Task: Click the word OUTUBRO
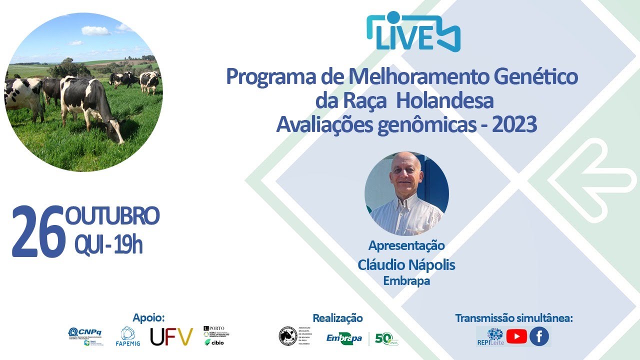(112, 216)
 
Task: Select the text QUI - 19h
(108, 245)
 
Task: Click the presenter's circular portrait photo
(406, 194)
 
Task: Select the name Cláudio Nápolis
(406, 265)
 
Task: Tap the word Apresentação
(406, 245)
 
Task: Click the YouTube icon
(516, 336)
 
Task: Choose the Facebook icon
(539, 336)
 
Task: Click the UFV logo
(171, 336)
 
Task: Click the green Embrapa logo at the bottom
(344, 338)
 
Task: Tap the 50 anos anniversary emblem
(386, 339)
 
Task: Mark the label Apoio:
(148, 318)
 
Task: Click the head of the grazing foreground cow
(116, 130)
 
